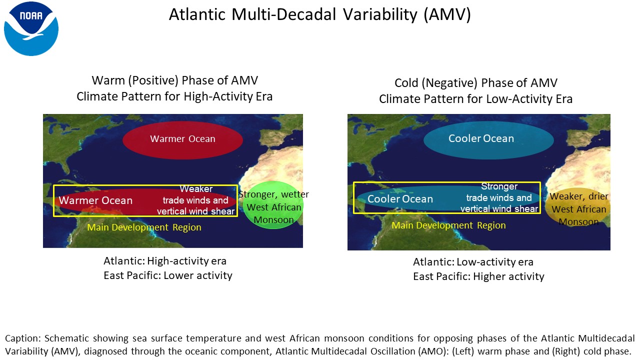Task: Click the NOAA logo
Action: (31, 28)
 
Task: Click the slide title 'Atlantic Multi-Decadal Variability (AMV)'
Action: (319, 14)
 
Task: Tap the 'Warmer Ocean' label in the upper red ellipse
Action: (182, 139)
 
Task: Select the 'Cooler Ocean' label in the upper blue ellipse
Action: (481, 138)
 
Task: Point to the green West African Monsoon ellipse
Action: (273, 205)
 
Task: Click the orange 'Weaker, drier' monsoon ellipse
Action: (578, 207)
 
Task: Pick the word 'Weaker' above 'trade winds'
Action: (196, 189)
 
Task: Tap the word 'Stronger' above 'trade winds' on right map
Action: (499, 186)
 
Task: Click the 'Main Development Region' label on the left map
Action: (144, 227)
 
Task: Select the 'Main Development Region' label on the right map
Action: (448, 225)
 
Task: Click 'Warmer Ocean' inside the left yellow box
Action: (95, 200)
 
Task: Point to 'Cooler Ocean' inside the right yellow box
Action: (400, 199)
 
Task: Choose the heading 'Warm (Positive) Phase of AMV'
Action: (175, 80)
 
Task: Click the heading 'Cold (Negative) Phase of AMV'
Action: (476, 83)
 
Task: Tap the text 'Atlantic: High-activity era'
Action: (165, 261)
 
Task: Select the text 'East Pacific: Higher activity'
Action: (478, 276)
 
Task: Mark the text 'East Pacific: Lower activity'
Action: (167, 275)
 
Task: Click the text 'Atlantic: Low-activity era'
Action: (473, 261)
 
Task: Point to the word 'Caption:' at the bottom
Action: (23, 338)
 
